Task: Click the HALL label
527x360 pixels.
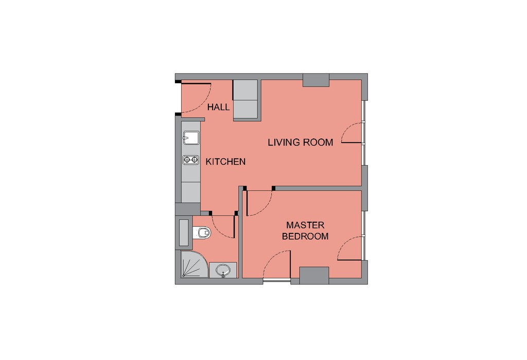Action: pyautogui.click(x=218, y=107)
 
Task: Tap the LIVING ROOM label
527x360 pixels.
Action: pyautogui.click(x=301, y=142)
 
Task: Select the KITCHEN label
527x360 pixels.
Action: pyautogui.click(x=225, y=161)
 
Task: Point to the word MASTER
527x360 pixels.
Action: pyautogui.click(x=305, y=225)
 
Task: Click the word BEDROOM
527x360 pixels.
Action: pyautogui.click(x=305, y=236)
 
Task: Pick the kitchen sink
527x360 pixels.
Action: pyautogui.click(x=191, y=138)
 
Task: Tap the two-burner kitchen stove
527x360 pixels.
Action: pyautogui.click(x=191, y=160)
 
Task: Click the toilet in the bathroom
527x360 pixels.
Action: pyautogui.click(x=201, y=232)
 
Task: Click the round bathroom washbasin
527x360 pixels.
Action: pyautogui.click(x=223, y=270)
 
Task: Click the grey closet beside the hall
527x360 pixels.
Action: pyautogui.click(x=247, y=99)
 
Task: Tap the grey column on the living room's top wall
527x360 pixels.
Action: pyautogui.click(x=315, y=80)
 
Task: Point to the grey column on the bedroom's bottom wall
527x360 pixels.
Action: pyautogui.click(x=314, y=275)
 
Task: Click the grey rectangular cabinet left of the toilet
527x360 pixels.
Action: pyautogui.click(x=184, y=232)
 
